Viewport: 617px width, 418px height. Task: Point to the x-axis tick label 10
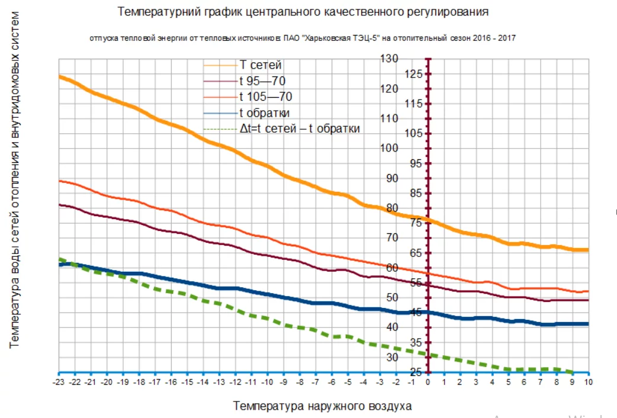(x=589, y=382)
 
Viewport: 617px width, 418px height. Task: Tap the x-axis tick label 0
(x=428, y=382)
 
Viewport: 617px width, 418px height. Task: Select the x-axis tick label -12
(x=235, y=382)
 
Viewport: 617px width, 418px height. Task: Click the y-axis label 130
(x=390, y=59)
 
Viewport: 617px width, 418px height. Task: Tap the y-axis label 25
(x=416, y=372)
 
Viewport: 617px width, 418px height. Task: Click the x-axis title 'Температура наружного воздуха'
(x=322, y=406)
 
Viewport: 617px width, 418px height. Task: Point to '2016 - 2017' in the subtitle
(x=497, y=38)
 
